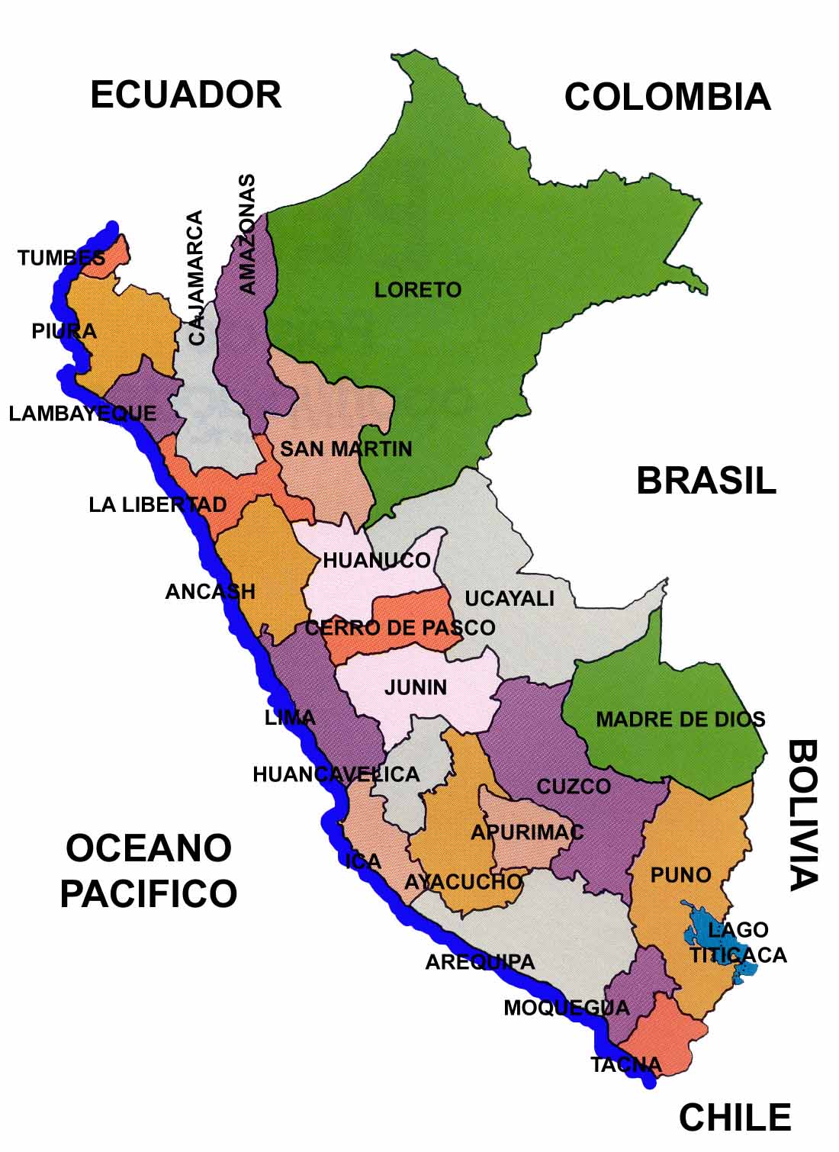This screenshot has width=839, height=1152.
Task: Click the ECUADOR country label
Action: click(x=185, y=95)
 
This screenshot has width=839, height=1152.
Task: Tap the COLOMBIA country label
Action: click(x=667, y=98)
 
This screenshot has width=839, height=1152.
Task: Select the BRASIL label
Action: click(x=706, y=481)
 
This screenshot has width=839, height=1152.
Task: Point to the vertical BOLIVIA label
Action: click(x=802, y=814)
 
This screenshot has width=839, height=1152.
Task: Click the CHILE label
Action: click(x=735, y=1118)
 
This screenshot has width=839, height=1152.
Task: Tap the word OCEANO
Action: click(x=148, y=848)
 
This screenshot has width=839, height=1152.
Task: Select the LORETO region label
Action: click(x=417, y=290)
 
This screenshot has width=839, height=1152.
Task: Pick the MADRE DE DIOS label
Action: click(x=680, y=719)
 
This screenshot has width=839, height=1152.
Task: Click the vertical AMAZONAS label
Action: click(x=247, y=234)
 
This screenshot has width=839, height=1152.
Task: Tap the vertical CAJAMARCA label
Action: click(x=196, y=278)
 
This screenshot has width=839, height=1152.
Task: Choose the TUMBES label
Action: click(x=61, y=258)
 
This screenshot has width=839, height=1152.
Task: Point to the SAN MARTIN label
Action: click(x=346, y=449)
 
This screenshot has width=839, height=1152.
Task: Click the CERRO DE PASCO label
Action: click(x=400, y=628)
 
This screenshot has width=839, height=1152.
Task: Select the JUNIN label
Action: click(x=416, y=687)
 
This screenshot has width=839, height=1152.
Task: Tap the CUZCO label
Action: click(x=574, y=787)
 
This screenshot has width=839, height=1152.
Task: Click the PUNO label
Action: click(x=680, y=875)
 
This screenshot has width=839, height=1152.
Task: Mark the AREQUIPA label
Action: click(x=480, y=962)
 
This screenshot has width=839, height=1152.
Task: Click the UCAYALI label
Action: click(x=509, y=599)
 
